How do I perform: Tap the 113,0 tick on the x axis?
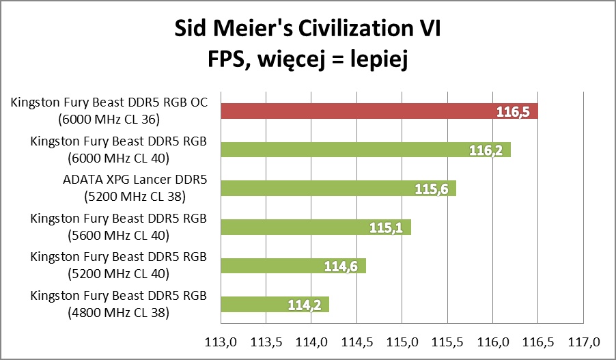coord(220,340)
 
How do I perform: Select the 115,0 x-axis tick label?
coord(402,340)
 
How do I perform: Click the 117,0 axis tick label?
coord(583,340)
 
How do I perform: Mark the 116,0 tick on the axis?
coord(492,340)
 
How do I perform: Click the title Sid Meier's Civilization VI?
coord(308,30)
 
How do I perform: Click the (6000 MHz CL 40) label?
coord(119,158)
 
